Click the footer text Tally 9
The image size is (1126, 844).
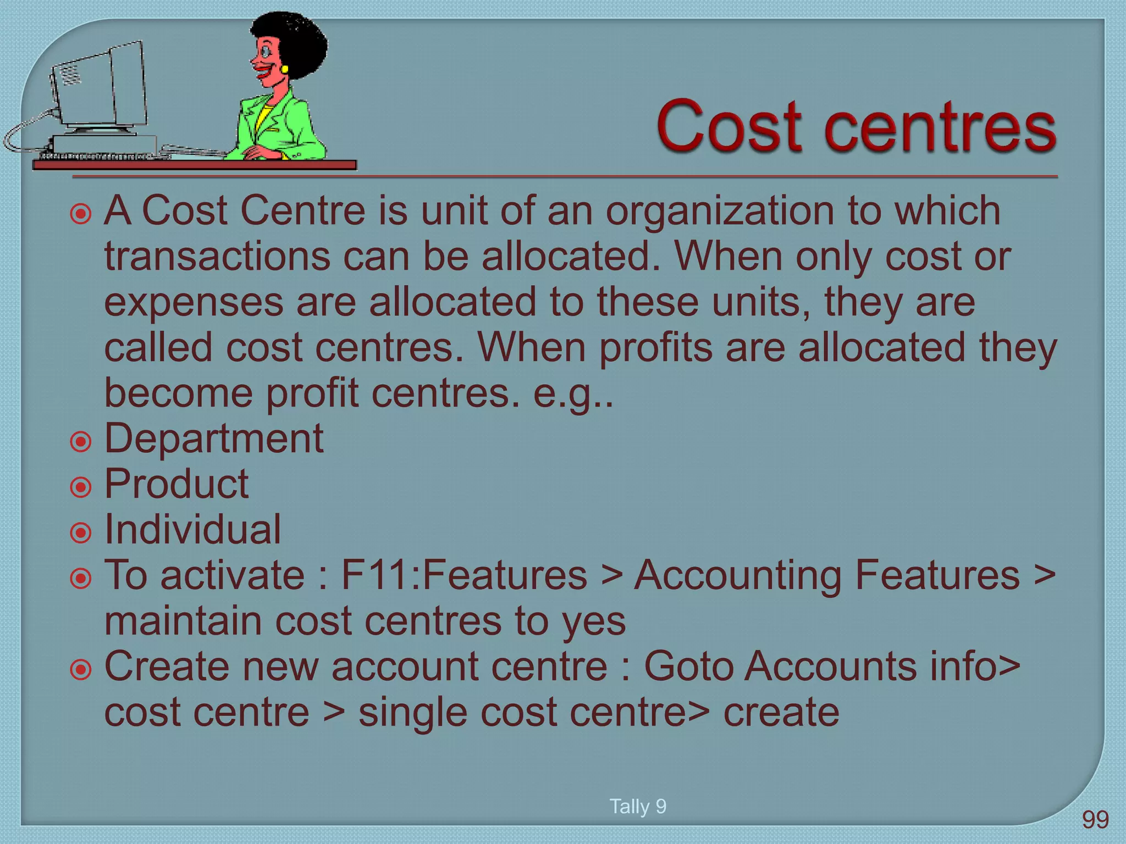pos(638,806)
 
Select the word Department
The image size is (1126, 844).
pos(214,440)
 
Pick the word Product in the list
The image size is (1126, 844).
pos(176,485)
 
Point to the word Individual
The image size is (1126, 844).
pos(192,530)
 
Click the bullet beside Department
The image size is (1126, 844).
pos(81,441)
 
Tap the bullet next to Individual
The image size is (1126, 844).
pos(81,532)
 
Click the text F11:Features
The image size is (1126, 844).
pos(464,575)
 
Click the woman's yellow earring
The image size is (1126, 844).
pos(285,69)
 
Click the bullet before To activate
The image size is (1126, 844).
pos(81,578)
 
